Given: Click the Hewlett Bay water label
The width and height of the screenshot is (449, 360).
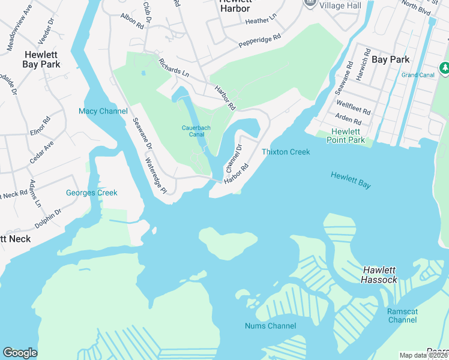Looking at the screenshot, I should (x=351, y=180).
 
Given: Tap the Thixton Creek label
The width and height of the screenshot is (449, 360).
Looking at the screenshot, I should (x=286, y=152).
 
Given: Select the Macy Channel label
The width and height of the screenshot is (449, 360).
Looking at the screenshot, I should (x=103, y=111).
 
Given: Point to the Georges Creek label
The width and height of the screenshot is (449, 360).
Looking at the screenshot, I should (x=91, y=193).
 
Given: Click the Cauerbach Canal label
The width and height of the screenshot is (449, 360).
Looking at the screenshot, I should (x=193, y=130).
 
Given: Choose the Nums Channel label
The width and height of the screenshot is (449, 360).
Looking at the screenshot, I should (x=270, y=326).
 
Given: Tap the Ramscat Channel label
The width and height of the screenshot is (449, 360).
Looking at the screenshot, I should (x=402, y=316).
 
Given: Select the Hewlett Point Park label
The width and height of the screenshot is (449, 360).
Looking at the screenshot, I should (x=345, y=136).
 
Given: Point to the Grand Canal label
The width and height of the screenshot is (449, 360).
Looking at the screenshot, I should (x=418, y=75).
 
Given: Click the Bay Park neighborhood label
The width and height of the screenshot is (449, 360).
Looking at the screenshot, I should (x=390, y=59).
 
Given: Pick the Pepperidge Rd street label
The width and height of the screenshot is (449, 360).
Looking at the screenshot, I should (x=259, y=40).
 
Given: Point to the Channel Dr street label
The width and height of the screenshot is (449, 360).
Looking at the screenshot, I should (x=233, y=157).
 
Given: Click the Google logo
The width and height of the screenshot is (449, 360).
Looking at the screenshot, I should (x=20, y=353).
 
